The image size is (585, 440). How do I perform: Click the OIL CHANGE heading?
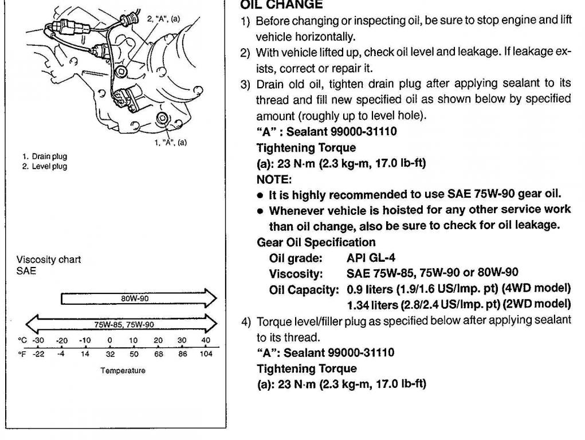click(281, 5)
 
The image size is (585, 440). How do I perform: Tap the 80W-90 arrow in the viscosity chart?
click(138, 298)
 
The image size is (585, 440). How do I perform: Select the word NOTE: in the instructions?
click(271, 179)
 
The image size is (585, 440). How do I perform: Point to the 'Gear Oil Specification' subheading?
click(316, 242)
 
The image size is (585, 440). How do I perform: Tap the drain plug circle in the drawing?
click(162, 119)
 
